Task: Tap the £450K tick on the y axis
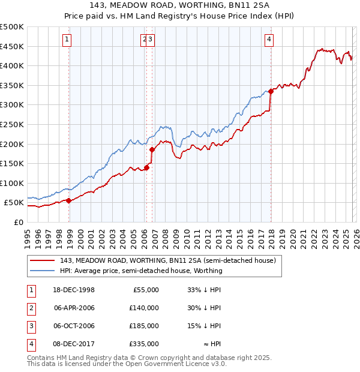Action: pos(12,46)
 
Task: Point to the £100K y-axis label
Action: pos(12,183)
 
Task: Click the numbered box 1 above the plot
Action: pos(67,40)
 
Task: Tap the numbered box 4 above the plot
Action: pos(269,40)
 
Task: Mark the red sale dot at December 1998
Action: pos(69,200)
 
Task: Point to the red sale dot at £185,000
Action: pos(152,149)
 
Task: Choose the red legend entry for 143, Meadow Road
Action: pos(167,261)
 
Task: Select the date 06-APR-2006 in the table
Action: pos(74,308)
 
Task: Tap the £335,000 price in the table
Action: pos(143,344)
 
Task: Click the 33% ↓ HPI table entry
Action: pos(205,290)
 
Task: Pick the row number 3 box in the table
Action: pos(31,326)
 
